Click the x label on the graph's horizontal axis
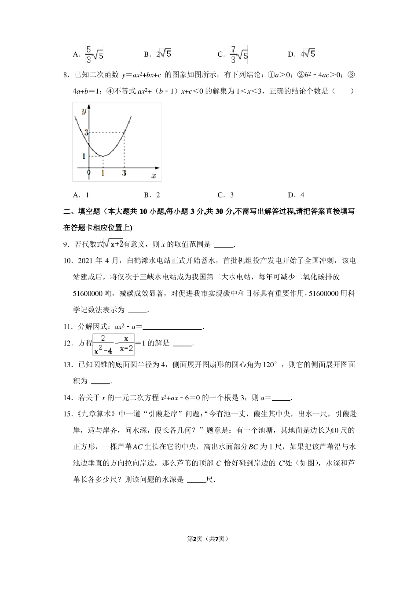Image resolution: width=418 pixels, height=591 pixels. click(x=154, y=175)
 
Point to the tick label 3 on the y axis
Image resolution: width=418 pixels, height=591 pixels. click(x=87, y=132)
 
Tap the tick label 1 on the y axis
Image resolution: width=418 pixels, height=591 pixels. click(x=84, y=156)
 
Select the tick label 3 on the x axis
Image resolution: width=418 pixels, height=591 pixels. click(x=124, y=173)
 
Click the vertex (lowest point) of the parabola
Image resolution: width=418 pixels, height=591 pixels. click(x=103, y=156)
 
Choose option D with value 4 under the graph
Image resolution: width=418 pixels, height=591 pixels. click(x=296, y=195)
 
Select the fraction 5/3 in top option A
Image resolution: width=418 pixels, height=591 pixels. click(x=88, y=54)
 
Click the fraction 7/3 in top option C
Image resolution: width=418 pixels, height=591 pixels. click(x=234, y=54)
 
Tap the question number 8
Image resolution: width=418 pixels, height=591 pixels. click(x=66, y=75)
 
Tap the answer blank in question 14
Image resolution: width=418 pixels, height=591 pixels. click(x=282, y=398)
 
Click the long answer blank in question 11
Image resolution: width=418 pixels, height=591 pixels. click(x=172, y=327)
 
